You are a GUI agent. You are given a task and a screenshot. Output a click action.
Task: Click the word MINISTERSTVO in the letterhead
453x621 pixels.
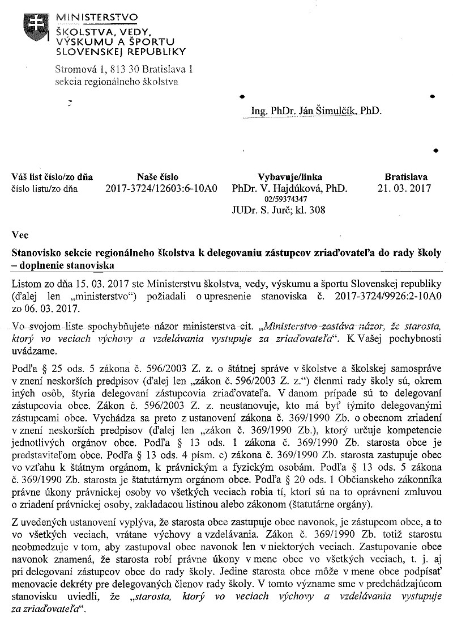(x=96, y=19)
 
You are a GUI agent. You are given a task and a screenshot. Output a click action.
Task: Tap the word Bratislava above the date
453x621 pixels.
(x=405, y=177)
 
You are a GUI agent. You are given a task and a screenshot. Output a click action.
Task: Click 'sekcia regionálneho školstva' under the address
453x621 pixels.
(x=116, y=81)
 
